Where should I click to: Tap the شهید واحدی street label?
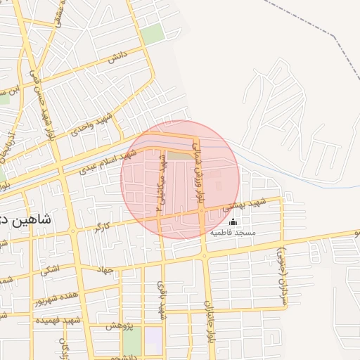pyautogui.click(x=94, y=125)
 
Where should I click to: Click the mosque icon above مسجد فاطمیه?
pyautogui.click(x=233, y=222)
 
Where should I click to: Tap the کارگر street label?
pyautogui.click(x=102, y=227)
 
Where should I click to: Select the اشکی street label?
pyautogui.click(x=50, y=269)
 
